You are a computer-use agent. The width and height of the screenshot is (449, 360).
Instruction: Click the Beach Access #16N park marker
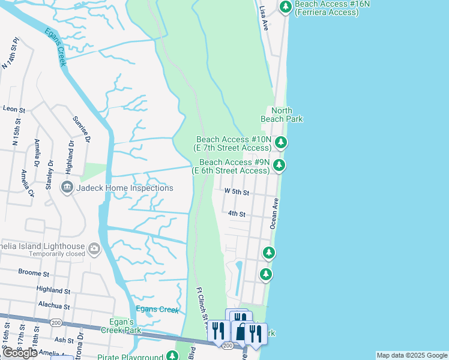click(286, 7)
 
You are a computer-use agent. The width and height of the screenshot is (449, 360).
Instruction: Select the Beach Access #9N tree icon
click(279, 166)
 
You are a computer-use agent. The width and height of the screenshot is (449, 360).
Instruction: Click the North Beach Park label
click(286, 115)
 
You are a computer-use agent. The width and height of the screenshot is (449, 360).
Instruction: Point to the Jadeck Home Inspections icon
click(67, 188)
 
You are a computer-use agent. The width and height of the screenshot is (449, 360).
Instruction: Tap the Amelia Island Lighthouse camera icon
click(94, 248)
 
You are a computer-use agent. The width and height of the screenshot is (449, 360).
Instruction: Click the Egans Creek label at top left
click(54, 46)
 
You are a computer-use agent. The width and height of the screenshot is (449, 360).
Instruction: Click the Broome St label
click(33, 272)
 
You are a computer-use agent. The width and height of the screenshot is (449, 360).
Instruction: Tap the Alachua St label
click(54, 306)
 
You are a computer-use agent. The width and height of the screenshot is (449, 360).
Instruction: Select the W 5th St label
click(236, 191)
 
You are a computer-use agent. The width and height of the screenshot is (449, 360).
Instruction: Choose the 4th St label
click(237, 214)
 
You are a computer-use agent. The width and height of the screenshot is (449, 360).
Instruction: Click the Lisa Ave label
click(263, 19)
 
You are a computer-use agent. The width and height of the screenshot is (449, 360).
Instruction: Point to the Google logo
click(20, 353)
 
